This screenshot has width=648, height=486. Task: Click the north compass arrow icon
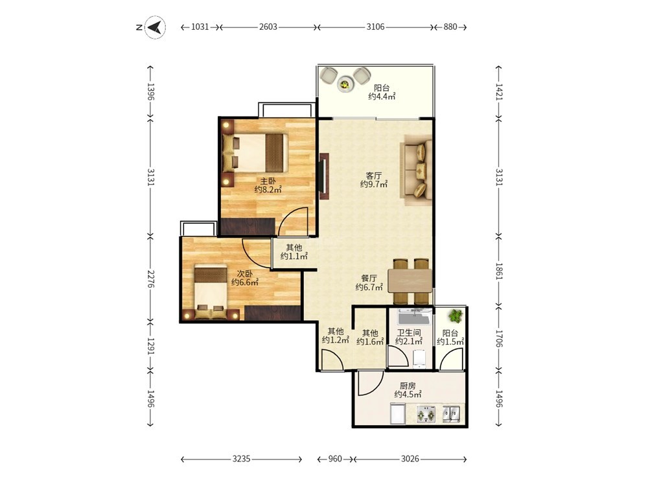pos(156,27)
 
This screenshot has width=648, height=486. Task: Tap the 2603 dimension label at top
pos(268,27)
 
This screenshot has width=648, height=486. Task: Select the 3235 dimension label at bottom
pos(241,459)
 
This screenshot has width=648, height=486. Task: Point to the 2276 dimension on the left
pos(151,279)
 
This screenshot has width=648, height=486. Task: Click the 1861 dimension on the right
pos(499,272)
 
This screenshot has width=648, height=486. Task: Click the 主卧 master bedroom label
pos(268,181)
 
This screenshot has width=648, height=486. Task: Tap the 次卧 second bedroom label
pos(245,273)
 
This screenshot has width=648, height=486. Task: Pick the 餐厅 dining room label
pos(369,278)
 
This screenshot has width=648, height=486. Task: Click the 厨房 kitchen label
pos(408,386)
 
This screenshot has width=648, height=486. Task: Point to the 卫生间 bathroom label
pos(409,332)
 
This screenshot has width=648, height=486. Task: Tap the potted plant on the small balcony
pos(455,316)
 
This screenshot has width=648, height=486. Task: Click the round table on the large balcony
pos(345,84)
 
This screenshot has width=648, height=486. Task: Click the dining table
pos(410,281)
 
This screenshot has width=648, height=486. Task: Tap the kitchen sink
pos(451,414)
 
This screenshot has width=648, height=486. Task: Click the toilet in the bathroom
pos(419,359)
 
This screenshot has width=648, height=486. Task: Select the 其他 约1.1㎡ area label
pos(294,252)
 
